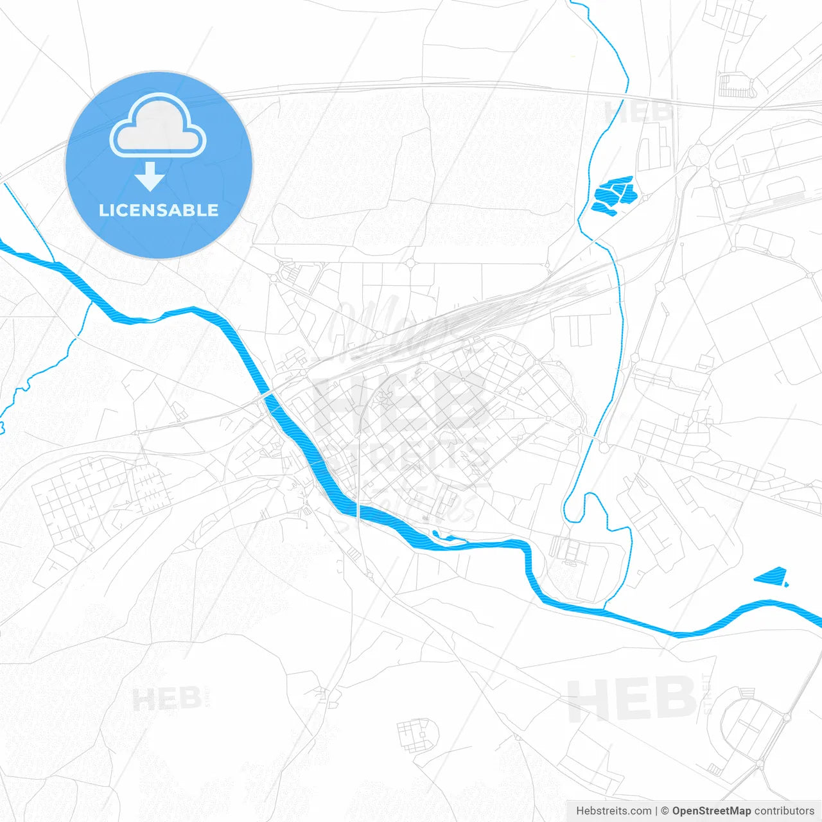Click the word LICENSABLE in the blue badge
159,210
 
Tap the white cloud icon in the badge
158,127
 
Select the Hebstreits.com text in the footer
613,811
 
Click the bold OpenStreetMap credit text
712,811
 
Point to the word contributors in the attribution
784,811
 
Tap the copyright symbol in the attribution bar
665,811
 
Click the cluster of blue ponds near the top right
614,195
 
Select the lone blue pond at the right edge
771,576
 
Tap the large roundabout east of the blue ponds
699,154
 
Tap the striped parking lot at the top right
735,85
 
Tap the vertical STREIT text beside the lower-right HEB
707,694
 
